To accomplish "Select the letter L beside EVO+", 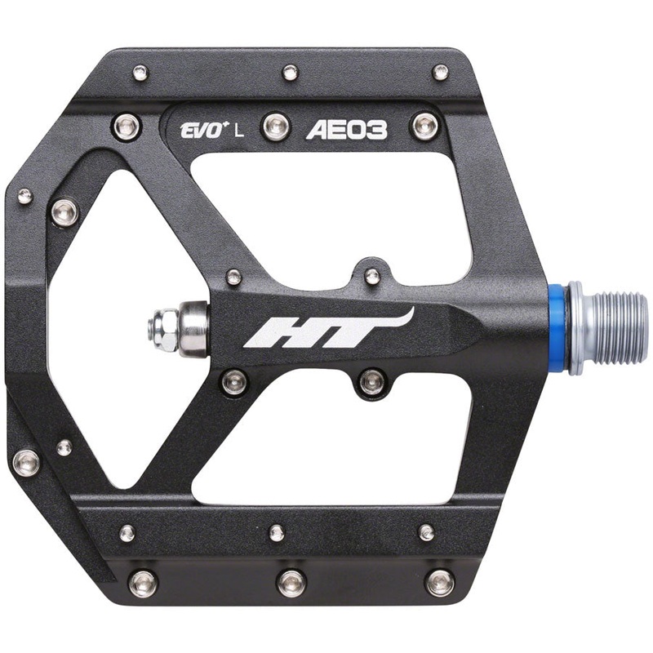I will [238, 131].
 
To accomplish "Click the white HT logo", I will [326, 329].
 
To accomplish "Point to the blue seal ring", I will [557, 326].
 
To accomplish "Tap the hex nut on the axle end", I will [160, 329].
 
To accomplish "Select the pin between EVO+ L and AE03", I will [276, 127].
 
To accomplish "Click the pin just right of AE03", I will [424, 126].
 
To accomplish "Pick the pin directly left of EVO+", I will [126, 127].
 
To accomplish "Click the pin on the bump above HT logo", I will [372, 276].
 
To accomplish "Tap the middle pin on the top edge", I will [290, 73].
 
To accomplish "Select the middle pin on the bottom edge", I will [291, 582].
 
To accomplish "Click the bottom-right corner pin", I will [440, 581].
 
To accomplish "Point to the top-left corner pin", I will [140, 73].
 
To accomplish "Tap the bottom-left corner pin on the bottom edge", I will [143, 582].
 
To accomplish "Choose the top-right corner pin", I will [440, 72].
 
